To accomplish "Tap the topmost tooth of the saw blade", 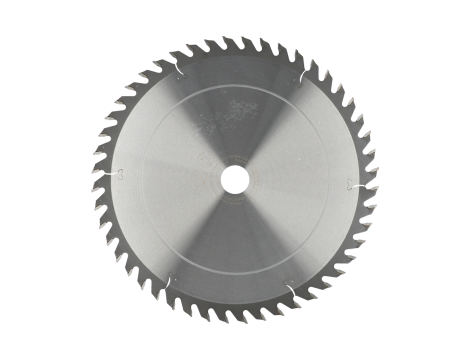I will point(236,41).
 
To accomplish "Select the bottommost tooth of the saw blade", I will point(236,319).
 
